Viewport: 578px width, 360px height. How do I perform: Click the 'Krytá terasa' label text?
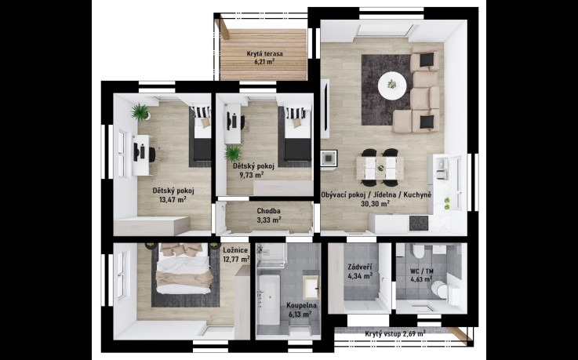(264, 54)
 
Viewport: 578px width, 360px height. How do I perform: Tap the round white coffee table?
(392, 85)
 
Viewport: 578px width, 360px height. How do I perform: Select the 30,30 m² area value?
(375, 203)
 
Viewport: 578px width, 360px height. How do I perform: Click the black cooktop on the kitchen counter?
(419, 223)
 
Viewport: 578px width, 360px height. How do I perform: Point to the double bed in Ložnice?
(184, 268)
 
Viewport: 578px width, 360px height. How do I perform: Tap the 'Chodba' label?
(269, 211)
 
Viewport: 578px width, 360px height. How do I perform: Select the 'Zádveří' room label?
(360, 267)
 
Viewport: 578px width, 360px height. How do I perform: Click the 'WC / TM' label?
(422, 271)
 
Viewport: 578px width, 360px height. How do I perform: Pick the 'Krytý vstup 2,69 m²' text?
(395, 334)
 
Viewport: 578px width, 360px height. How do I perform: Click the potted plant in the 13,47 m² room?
(140, 111)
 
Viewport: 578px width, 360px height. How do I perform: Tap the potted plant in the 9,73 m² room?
(233, 153)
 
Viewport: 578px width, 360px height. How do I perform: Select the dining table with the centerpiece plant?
(380, 168)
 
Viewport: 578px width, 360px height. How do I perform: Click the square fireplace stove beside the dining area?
(329, 158)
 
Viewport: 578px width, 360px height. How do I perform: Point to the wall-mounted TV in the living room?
(325, 109)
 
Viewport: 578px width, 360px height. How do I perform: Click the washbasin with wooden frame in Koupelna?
(311, 287)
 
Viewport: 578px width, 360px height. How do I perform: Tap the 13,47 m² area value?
(173, 200)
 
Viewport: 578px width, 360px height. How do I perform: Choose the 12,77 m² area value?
(236, 259)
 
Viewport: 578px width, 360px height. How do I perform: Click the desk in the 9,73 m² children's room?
(233, 123)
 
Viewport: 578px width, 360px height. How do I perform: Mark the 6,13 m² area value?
(300, 315)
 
